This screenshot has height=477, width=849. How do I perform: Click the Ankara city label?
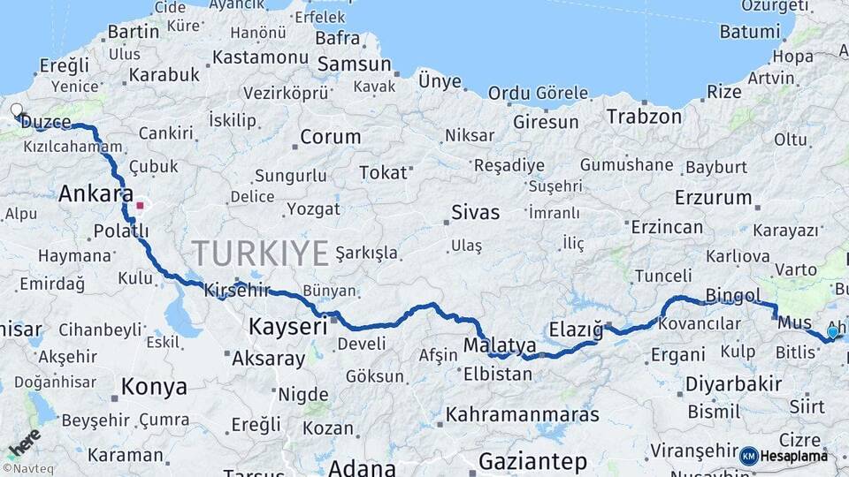96,194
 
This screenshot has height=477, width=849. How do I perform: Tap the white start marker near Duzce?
16,111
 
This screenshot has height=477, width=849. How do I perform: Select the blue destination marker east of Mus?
832,332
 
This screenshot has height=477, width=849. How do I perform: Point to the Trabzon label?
644,117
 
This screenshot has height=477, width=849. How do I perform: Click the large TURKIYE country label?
261,254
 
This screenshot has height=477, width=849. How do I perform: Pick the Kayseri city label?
287,326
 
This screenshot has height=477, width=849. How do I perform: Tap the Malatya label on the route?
500,344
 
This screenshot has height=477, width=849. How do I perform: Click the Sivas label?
475,213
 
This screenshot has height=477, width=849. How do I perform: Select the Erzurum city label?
713,197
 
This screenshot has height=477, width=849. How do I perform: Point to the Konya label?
154,387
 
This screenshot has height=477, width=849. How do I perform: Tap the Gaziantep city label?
532,461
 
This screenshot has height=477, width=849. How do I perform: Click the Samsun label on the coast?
354,64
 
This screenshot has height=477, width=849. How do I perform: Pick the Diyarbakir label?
734,384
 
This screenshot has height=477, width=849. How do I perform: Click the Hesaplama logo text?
795,456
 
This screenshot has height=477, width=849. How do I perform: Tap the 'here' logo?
24,443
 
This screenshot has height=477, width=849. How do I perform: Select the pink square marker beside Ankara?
140,206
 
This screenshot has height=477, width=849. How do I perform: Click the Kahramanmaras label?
522,414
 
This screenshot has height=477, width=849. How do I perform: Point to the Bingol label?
733,295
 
